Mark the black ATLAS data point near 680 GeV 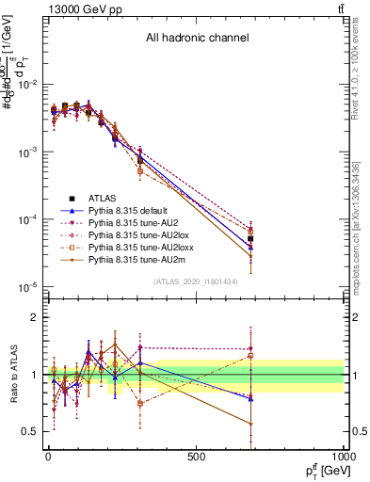(250, 239)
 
